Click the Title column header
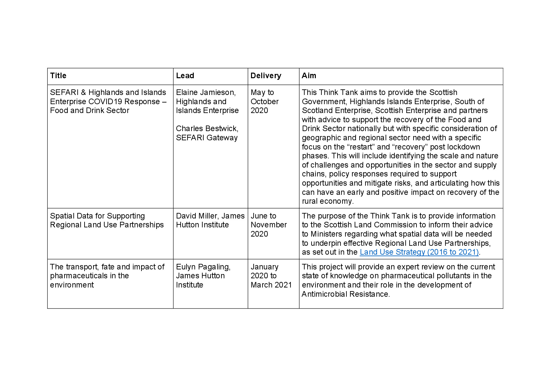(x=58, y=76)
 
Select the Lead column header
(x=185, y=76)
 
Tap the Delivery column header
(x=265, y=76)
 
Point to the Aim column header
(x=309, y=76)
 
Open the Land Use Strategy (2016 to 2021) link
(x=419, y=252)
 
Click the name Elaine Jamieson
(x=205, y=93)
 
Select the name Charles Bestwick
(x=207, y=129)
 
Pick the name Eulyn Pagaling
(x=203, y=267)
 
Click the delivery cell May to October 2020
(x=264, y=102)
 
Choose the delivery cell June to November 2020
(x=268, y=225)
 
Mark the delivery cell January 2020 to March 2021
(x=271, y=276)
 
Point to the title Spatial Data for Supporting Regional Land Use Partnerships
(x=107, y=220)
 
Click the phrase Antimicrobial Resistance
(x=345, y=294)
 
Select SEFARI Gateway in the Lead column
(x=207, y=138)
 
